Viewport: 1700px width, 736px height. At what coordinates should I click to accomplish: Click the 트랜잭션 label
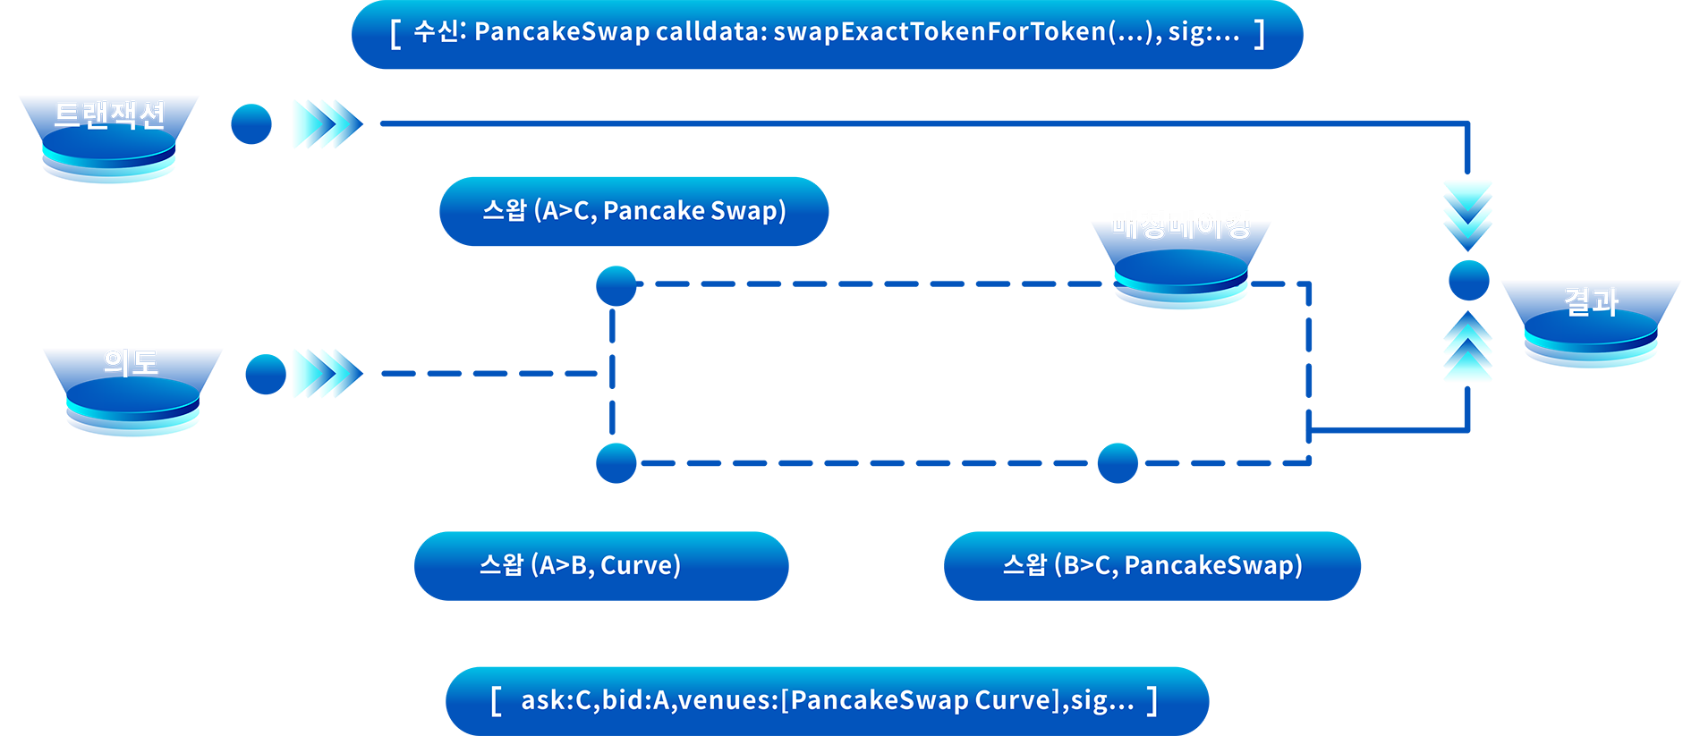click(x=109, y=115)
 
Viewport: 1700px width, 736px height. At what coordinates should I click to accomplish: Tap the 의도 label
click(x=131, y=362)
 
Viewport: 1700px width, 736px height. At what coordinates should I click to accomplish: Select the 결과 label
click(x=1591, y=302)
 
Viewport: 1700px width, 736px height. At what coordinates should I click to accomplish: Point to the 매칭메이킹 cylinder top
click(x=1181, y=268)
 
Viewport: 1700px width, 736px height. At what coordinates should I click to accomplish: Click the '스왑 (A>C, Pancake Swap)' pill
click(x=633, y=211)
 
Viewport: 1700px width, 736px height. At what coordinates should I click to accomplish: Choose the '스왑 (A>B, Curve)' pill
click(x=580, y=565)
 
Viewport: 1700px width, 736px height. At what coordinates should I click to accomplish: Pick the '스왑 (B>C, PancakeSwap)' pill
click(x=1152, y=565)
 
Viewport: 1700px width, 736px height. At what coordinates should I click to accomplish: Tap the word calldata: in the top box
click(x=710, y=32)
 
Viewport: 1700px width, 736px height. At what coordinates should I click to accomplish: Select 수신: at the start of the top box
click(x=439, y=32)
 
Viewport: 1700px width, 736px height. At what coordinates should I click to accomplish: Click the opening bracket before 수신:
click(x=395, y=34)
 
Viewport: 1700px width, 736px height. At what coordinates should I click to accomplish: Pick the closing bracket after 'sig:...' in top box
click(x=1260, y=34)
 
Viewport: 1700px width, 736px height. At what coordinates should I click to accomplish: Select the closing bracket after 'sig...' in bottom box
click(x=1152, y=700)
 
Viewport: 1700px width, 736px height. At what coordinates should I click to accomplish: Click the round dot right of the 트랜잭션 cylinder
click(x=251, y=123)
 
